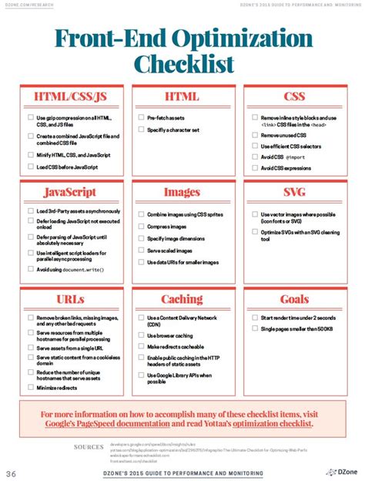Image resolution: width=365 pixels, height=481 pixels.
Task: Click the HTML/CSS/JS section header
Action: click(70, 96)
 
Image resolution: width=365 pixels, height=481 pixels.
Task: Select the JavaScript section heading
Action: click(70, 192)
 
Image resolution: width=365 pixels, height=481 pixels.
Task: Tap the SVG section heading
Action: click(295, 192)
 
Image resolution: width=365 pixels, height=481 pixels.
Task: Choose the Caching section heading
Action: click(182, 299)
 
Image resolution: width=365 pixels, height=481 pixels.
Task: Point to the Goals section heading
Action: click(295, 299)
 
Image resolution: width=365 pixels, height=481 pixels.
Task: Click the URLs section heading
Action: click(70, 299)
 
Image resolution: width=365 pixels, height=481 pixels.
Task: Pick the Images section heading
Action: click(182, 192)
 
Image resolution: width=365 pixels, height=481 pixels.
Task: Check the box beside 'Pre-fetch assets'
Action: click(142, 118)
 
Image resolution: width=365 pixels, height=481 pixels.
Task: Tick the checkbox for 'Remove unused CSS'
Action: click(254, 135)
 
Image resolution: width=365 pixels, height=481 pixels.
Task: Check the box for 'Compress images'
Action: click(142, 227)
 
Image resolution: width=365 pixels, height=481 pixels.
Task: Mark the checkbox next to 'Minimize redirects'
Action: click(31, 388)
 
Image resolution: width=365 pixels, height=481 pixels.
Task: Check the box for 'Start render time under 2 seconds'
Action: click(254, 318)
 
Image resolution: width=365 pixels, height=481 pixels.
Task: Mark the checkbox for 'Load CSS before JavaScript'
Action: click(31, 166)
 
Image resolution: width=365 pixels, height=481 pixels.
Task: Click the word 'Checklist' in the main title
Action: click(182, 62)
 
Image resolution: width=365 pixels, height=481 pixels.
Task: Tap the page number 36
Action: click(12, 473)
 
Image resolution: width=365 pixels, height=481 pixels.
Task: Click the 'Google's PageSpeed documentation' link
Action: click(105, 424)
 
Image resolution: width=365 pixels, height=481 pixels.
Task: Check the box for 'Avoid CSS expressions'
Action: click(254, 167)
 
